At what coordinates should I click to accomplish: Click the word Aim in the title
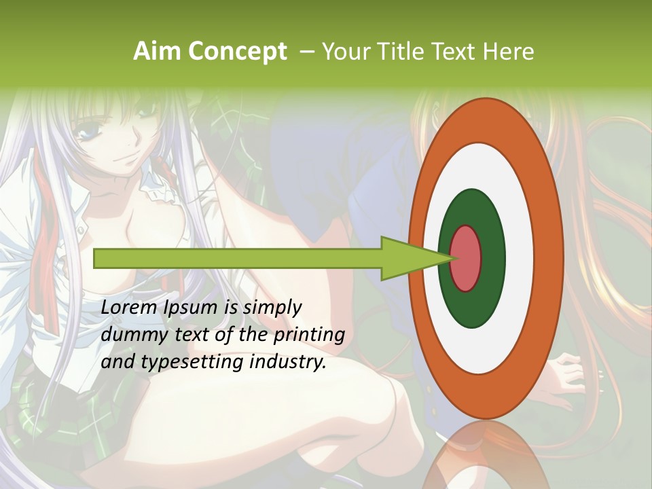pos(157,52)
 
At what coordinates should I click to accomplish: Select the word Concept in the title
pos(237,52)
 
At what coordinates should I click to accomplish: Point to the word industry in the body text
pos(285,362)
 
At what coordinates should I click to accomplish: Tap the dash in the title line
pos(306,52)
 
